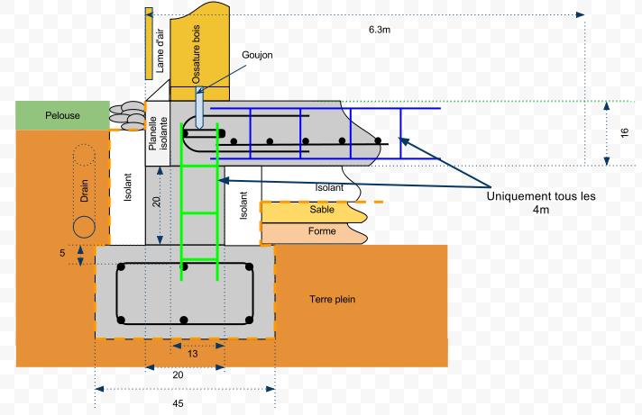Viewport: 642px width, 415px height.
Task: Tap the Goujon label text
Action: click(x=257, y=55)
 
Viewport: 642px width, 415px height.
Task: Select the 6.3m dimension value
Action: click(x=380, y=30)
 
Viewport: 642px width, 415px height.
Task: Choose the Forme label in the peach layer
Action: click(x=322, y=231)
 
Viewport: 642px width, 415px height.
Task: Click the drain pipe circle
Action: click(x=84, y=225)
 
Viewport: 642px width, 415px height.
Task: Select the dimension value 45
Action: click(x=178, y=403)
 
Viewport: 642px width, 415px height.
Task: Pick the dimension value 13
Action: click(x=193, y=354)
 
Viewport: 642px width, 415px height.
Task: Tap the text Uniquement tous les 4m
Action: click(x=540, y=203)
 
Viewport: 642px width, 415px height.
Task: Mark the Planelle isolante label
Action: click(x=158, y=133)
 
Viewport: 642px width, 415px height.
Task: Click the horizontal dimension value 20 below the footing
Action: click(x=178, y=374)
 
